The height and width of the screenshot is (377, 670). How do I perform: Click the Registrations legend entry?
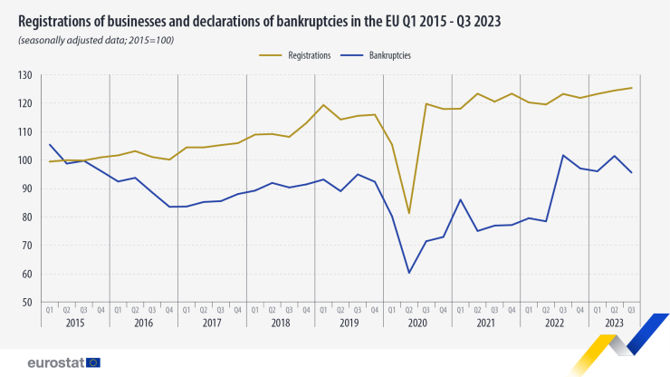click(x=309, y=55)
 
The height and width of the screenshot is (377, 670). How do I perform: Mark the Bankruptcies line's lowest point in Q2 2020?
click(x=409, y=273)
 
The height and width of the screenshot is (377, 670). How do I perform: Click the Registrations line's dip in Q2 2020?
click(x=409, y=213)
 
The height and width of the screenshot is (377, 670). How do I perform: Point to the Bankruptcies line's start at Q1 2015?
click(x=50, y=144)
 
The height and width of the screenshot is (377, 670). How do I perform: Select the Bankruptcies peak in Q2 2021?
click(x=461, y=199)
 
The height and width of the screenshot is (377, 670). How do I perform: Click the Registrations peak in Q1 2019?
click(x=323, y=105)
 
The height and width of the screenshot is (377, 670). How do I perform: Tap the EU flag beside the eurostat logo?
click(x=93, y=362)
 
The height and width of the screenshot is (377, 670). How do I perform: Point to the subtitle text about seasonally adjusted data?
click(x=95, y=40)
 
